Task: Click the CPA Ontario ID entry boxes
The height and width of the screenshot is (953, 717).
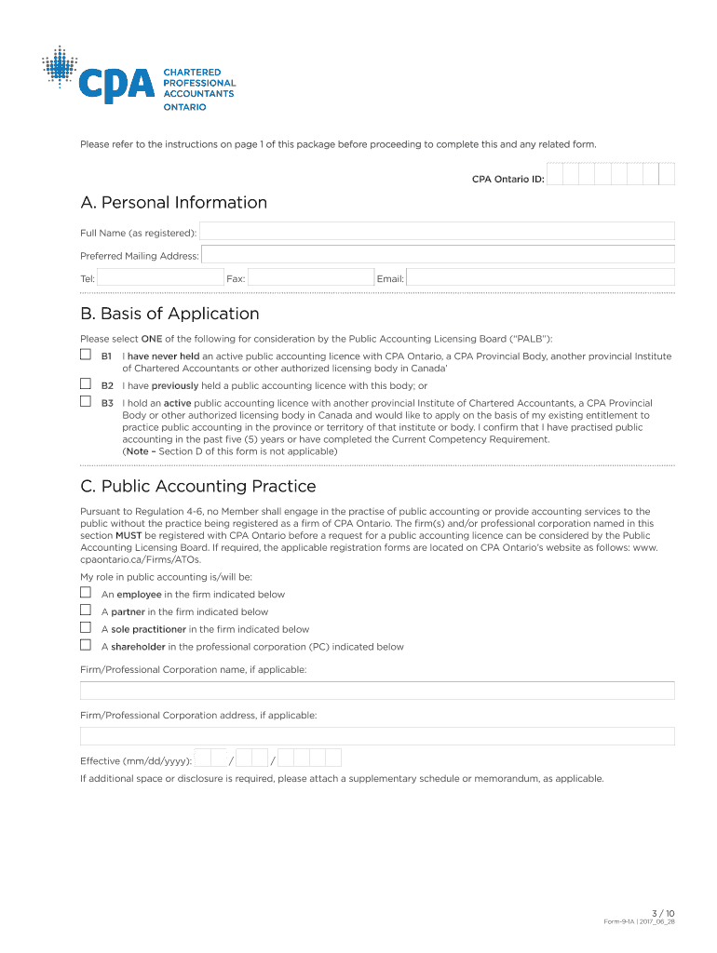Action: pyautogui.click(x=610, y=175)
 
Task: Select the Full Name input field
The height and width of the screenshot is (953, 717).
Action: pyautogui.click(x=437, y=232)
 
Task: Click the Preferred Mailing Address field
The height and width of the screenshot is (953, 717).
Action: pyautogui.click(x=438, y=255)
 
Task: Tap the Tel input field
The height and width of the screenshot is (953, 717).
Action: pyautogui.click(x=159, y=278)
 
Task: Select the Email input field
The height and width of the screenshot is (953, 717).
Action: pyautogui.click(x=540, y=278)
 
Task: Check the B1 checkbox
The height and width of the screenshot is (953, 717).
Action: pyautogui.click(x=86, y=356)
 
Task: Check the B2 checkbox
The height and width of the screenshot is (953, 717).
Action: pyautogui.click(x=86, y=384)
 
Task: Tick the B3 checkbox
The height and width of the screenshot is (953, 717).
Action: pyautogui.click(x=86, y=402)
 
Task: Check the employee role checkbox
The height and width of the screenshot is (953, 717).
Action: pyautogui.click(x=86, y=593)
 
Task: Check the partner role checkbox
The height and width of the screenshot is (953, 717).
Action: pyautogui.click(x=86, y=611)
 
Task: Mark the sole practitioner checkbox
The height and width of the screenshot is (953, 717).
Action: pyautogui.click(x=86, y=628)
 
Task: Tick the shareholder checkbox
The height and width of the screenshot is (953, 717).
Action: pyautogui.click(x=86, y=645)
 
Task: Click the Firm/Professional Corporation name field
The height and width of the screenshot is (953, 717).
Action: pyautogui.click(x=377, y=691)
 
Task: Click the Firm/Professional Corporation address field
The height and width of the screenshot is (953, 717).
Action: pyautogui.click(x=377, y=736)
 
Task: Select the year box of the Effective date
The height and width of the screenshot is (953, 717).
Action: pyautogui.click(x=310, y=758)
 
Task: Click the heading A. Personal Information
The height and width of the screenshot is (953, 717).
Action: pyautogui.click(x=173, y=203)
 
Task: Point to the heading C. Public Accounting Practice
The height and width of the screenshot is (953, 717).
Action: pyautogui.click(x=197, y=487)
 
